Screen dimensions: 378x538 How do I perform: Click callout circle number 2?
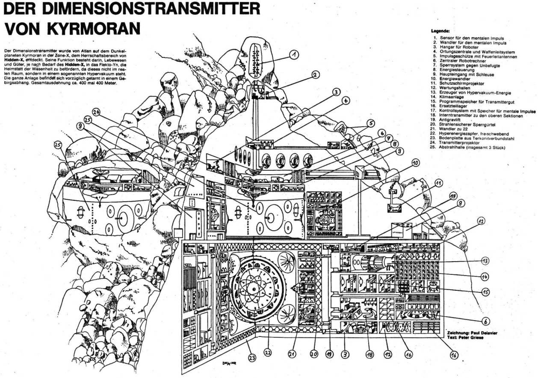(x=315, y=75)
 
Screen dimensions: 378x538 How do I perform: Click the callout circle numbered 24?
(x=95, y=113)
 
